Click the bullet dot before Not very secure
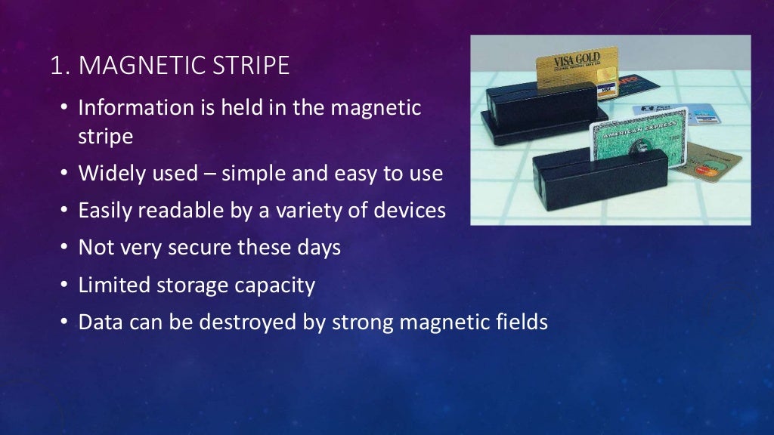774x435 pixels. (64, 248)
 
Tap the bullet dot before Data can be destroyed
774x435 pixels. (64, 322)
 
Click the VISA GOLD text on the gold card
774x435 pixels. (577, 59)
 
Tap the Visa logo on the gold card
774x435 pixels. (604, 88)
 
